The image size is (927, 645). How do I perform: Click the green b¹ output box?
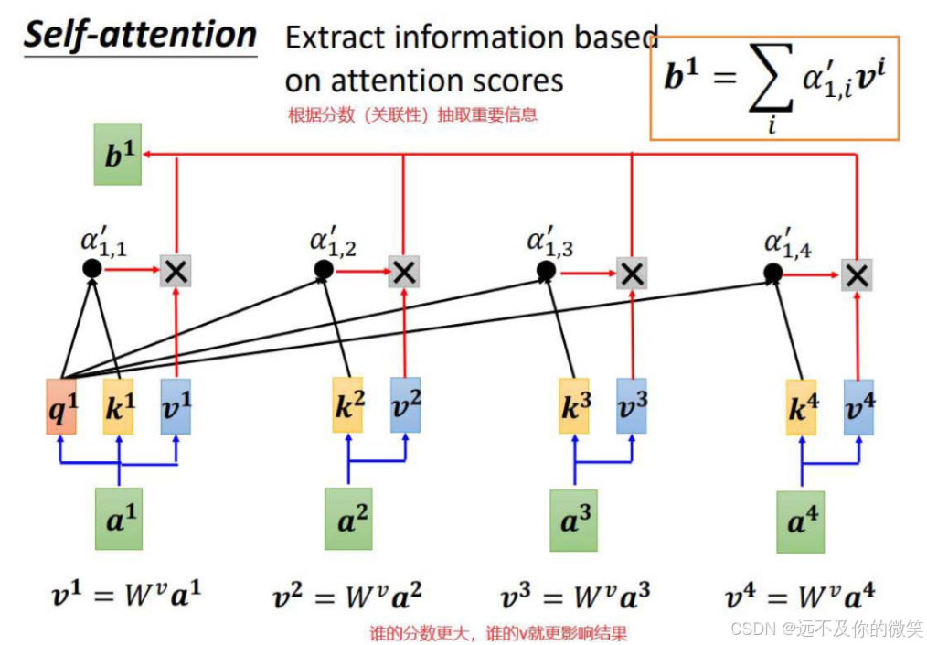click(x=118, y=155)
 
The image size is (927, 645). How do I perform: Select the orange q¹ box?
click(x=60, y=407)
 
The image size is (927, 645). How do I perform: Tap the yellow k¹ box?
click(x=118, y=407)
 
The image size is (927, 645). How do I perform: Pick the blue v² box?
click(x=405, y=405)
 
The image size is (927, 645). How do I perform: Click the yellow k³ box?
click(x=574, y=407)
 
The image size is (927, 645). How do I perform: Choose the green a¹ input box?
click(x=119, y=517)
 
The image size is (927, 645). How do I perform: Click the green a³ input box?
click(x=574, y=520)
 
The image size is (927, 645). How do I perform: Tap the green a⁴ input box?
click(x=800, y=521)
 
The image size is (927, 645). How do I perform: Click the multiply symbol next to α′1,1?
click(x=175, y=270)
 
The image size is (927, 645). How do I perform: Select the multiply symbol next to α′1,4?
click(x=857, y=274)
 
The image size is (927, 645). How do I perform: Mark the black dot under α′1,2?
click(x=323, y=270)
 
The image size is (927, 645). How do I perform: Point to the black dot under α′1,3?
click(x=546, y=271)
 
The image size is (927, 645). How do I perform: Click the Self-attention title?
click(x=140, y=35)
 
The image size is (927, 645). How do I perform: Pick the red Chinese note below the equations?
click(x=497, y=633)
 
